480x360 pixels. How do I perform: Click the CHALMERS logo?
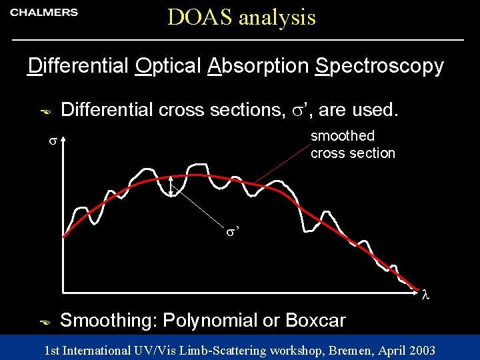click(44, 13)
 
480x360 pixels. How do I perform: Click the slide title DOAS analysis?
click(241, 17)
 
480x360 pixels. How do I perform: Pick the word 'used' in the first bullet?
click(375, 110)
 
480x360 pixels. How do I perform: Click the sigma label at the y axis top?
click(51, 141)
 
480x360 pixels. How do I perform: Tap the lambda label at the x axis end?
click(425, 293)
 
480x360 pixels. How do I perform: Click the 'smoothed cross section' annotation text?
click(352, 145)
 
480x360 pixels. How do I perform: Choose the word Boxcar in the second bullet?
click(315, 321)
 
